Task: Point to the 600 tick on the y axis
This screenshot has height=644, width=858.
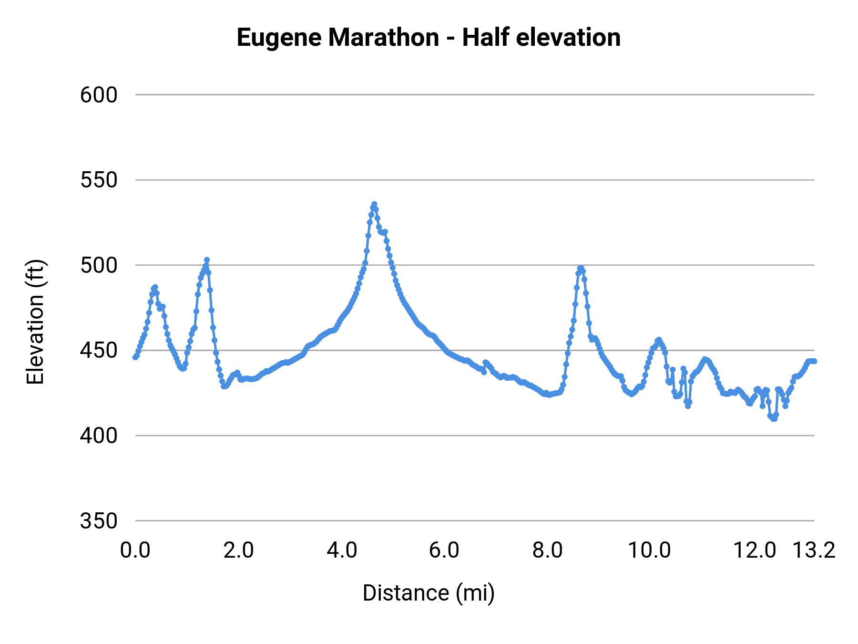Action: tap(99, 95)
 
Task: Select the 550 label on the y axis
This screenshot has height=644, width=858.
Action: tap(99, 180)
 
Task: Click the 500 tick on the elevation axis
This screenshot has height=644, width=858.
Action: tap(99, 265)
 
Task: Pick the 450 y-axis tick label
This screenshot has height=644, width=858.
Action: tap(99, 351)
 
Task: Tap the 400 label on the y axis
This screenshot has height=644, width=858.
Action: tap(99, 436)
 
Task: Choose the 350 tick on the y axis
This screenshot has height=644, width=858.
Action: tap(99, 521)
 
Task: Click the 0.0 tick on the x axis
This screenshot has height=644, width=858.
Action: tap(135, 550)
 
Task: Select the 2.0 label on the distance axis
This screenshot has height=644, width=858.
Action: tap(238, 550)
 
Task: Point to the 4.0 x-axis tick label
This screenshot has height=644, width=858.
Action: tap(342, 550)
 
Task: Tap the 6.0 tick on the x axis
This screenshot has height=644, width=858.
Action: tap(444, 550)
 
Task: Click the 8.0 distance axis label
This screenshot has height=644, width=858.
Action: tap(547, 550)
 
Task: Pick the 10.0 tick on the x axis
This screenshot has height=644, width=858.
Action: tap(649, 550)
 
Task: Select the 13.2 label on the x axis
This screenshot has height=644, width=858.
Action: tap(814, 550)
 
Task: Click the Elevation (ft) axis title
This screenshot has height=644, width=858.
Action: tap(35, 322)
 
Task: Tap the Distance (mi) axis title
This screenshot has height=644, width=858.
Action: tap(429, 593)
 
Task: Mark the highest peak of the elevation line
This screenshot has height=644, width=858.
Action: tap(374, 204)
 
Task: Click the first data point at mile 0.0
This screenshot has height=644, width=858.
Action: tap(135, 357)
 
